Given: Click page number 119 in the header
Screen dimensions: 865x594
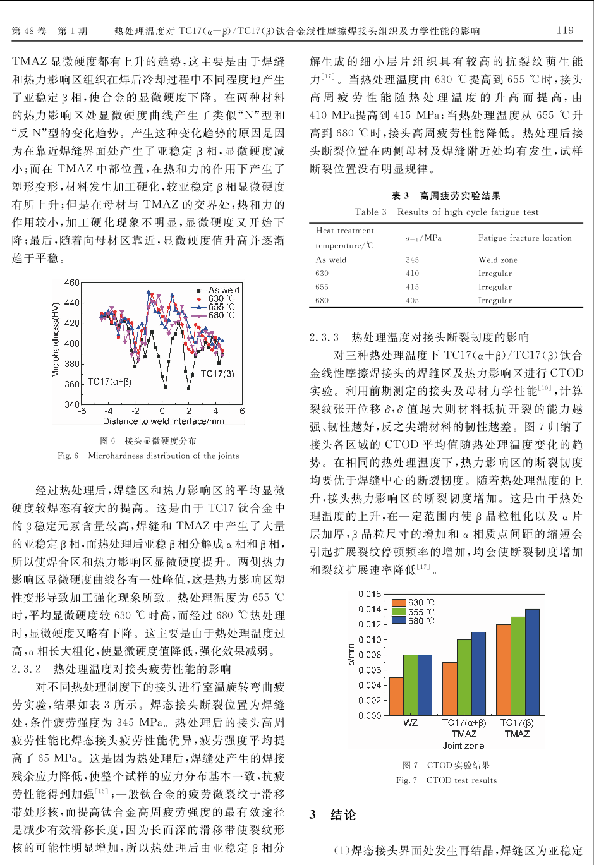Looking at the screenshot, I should point(565,30).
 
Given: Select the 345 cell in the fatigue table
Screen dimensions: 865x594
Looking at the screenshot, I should point(412,260).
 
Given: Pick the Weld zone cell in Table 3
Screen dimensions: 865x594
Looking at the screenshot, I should point(497,260).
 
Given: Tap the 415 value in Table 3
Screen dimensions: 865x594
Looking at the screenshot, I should point(412,287).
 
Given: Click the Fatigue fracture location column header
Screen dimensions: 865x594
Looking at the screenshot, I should point(524,238).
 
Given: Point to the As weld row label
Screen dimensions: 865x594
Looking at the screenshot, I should point(330,260).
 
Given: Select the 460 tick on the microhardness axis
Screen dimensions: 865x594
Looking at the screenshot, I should point(72,282).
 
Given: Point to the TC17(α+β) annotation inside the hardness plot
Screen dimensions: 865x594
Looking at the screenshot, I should point(109,382).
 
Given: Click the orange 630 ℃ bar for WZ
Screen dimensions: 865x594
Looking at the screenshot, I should point(396,696).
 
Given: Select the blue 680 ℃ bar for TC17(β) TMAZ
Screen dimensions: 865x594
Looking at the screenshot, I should point(532,662).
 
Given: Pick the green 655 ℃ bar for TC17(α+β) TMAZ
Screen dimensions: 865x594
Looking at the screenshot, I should point(464,677).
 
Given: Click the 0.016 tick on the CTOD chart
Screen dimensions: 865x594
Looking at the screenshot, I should point(370,594).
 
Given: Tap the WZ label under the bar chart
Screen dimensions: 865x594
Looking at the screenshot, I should point(410,723).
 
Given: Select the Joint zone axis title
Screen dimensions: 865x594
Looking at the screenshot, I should point(463,746).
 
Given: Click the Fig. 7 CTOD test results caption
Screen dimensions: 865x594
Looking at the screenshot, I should point(446,780).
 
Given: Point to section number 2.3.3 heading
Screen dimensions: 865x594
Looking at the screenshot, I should point(324,337).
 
